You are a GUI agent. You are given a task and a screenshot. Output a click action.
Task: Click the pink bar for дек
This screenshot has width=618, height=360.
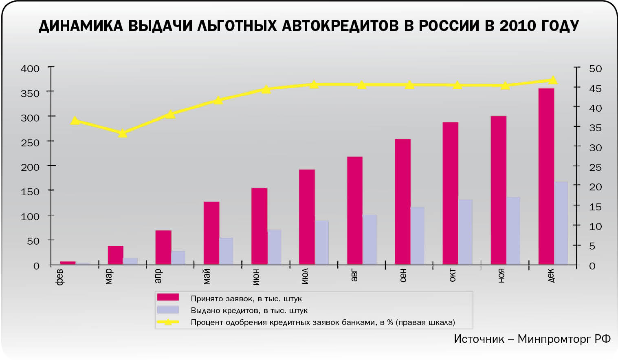[546, 176]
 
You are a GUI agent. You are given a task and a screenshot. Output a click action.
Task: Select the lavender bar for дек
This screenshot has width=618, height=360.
[561, 223]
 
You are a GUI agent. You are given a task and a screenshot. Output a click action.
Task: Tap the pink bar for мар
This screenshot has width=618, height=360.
[115, 255]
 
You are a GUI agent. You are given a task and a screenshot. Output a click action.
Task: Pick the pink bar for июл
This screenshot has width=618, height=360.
[307, 216]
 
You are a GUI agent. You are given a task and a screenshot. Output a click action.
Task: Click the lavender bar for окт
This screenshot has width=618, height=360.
[465, 232]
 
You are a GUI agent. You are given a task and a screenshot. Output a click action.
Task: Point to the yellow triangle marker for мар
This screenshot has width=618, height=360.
[123, 133]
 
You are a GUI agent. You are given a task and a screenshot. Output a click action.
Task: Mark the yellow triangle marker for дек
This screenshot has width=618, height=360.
[553, 80]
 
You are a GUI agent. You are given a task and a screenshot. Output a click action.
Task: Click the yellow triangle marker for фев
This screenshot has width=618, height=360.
[75, 121]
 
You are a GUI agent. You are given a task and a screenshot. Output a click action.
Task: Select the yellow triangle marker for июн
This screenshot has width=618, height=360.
[266, 89]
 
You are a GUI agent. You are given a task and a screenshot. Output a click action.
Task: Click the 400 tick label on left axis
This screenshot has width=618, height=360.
[30, 68]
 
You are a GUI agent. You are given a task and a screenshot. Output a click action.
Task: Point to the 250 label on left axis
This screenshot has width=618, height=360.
[30, 143]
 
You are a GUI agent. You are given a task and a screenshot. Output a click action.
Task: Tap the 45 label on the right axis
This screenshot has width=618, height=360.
[595, 88]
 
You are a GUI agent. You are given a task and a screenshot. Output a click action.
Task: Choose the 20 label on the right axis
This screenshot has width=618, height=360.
[595, 187]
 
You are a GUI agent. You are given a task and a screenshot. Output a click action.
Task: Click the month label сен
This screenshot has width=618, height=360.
[403, 276]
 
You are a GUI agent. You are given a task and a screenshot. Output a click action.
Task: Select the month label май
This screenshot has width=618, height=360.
[207, 276]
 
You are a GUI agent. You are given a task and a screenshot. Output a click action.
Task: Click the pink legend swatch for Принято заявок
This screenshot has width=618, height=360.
[168, 297]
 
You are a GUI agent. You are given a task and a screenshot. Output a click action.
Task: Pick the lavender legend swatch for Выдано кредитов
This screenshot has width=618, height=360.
[168, 310]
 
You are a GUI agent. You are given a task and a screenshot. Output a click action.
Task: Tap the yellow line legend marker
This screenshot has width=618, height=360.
[168, 322]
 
